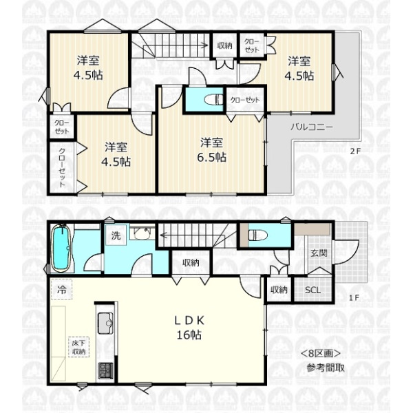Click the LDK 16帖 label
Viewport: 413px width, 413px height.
pyautogui.click(x=189, y=328)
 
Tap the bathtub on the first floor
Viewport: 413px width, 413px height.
pyautogui.click(x=61, y=248)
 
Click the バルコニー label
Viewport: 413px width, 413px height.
pyautogui.click(x=312, y=127)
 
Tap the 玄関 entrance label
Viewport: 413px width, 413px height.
pyautogui.click(x=319, y=253)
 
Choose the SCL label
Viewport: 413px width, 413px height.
pyautogui.click(x=313, y=290)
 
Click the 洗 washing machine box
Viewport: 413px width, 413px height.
pyautogui.click(x=116, y=235)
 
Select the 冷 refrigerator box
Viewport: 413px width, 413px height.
pyautogui.click(x=62, y=290)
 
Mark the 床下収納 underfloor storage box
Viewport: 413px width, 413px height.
pyautogui.click(x=78, y=347)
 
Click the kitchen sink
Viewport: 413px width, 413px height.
pyautogui.click(x=105, y=323)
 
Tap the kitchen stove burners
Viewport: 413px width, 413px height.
pyautogui.click(x=105, y=370)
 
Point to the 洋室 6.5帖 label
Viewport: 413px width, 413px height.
pyautogui.click(x=212, y=150)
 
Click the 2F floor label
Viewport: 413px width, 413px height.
pyautogui.click(x=355, y=151)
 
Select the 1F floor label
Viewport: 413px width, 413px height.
pyautogui.click(x=354, y=298)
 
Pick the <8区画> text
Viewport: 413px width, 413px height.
pyautogui.click(x=321, y=353)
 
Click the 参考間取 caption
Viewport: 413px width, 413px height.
pyautogui.click(x=326, y=368)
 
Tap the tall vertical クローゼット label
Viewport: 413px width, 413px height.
pyautogui.click(x=62, y=168)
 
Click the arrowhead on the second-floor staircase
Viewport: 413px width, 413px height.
pyautogui.click(x=205, y=45)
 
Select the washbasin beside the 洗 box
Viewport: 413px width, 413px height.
pyautogui.click(x=142, y=233)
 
